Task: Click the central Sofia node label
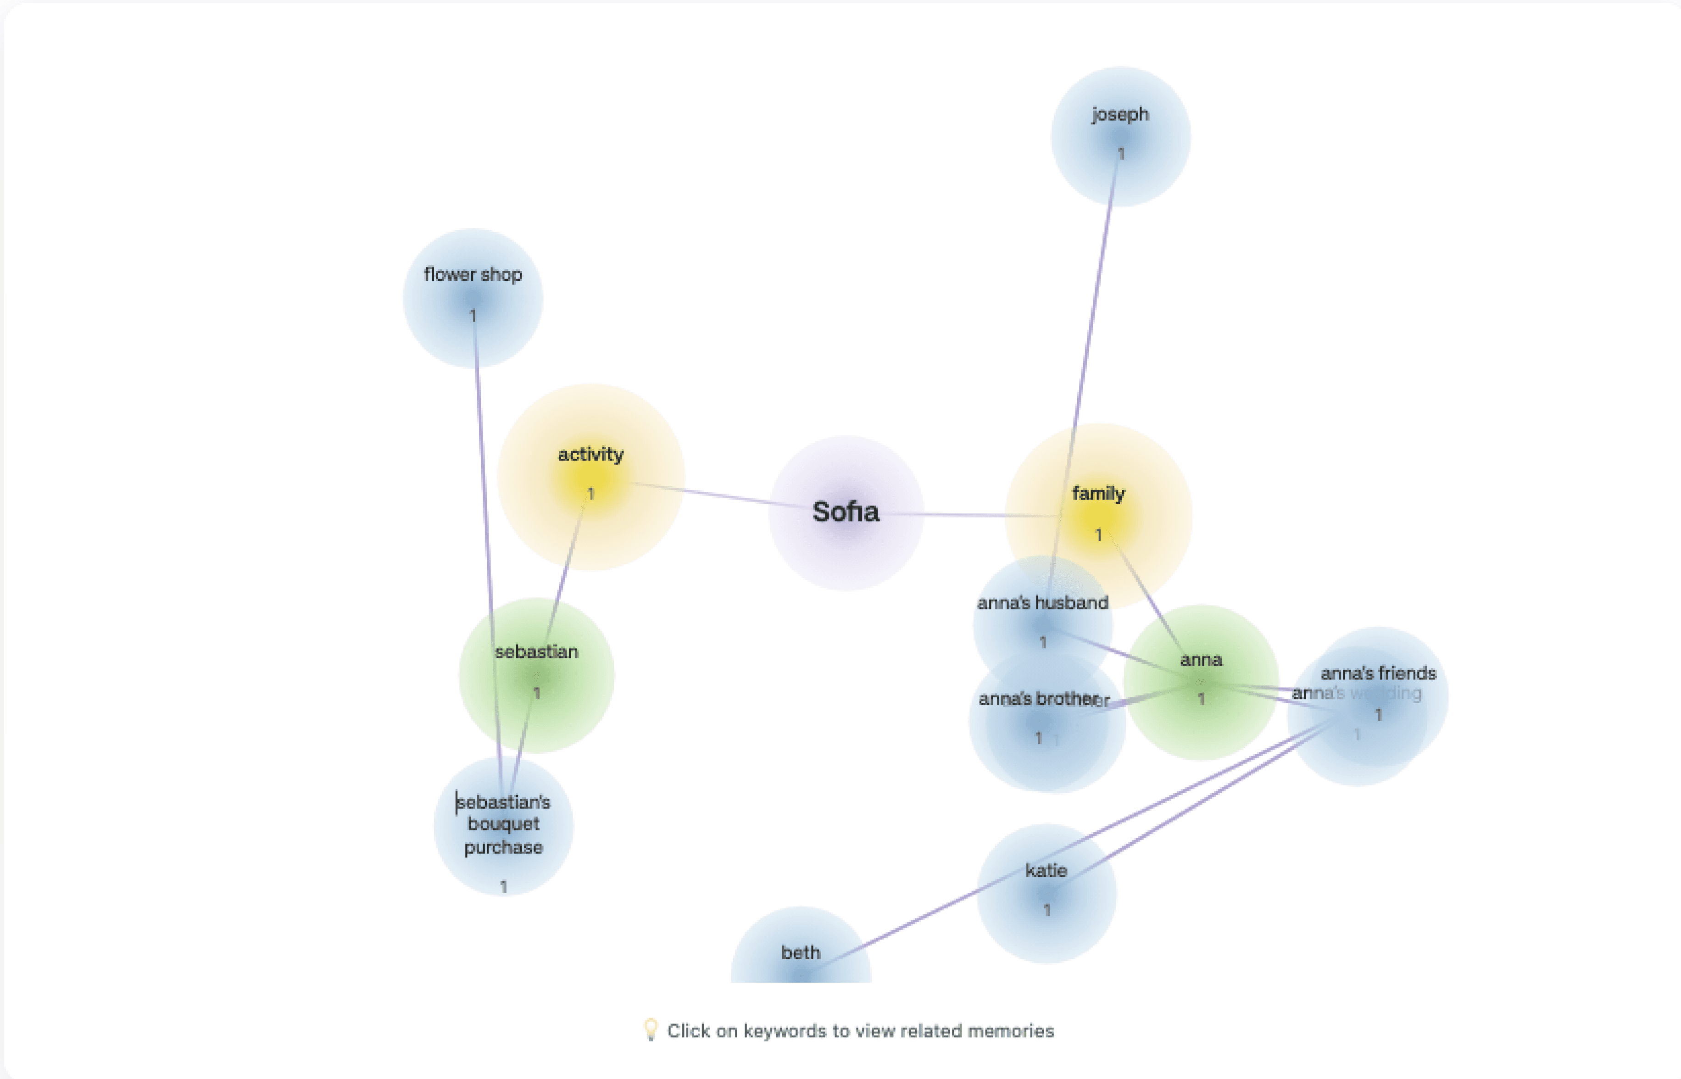click(x=845, y=512)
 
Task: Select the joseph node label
click(x=1120, y=114)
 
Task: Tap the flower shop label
click(x=473, y=275)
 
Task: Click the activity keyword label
click(x=591, y=455)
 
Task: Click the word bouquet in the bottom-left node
click(x=503, y=824)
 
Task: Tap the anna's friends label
click(x=1378, y=673)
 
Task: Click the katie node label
click(x=1046, y=871)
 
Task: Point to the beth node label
click(x=800, y=953)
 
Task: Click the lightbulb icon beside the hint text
click(x=650, y=1029)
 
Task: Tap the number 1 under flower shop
click(x=473, y=317)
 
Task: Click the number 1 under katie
click(x=1047, y=911)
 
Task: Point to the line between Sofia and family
click(x=974, y=515)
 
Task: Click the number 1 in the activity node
click(x=591, y=495)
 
